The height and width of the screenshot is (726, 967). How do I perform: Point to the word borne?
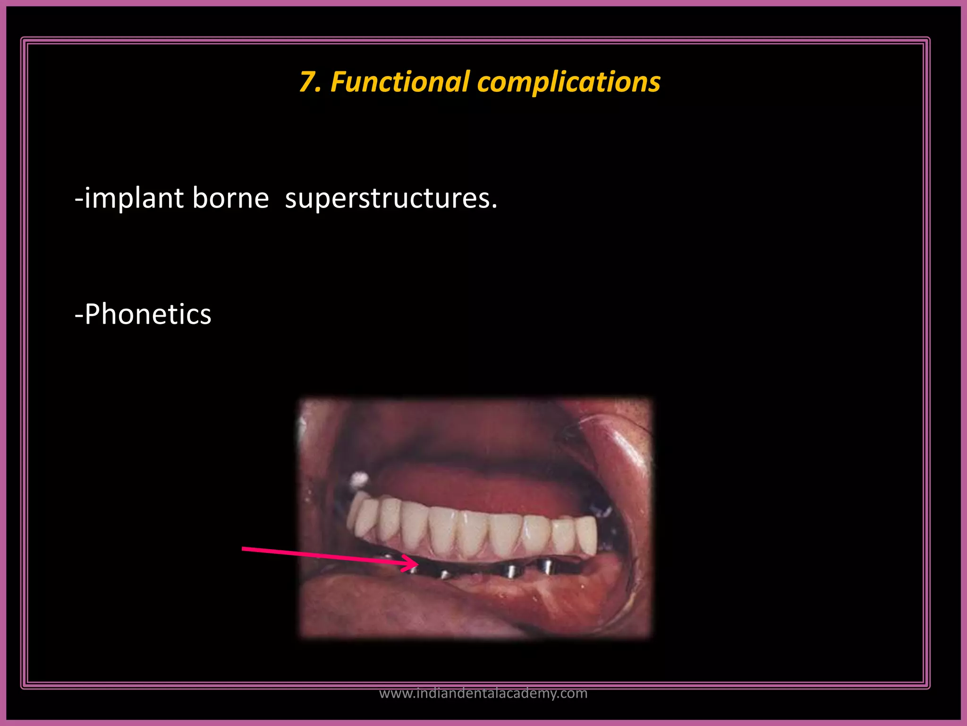pos(230,198)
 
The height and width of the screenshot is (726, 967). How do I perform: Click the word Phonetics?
pos(148,314)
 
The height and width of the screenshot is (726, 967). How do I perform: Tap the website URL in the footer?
pos(483,693)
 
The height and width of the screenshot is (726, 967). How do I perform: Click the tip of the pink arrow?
pos(418,563)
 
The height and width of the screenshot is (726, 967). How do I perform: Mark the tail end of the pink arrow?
pos(244,549)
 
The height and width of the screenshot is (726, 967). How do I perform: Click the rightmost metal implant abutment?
pos(546,566)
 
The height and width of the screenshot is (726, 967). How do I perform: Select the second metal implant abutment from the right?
pos(509,570)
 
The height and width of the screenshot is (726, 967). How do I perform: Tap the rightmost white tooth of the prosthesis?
pos(587,535)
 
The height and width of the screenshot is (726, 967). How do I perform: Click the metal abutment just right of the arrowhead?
pos(444,574)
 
